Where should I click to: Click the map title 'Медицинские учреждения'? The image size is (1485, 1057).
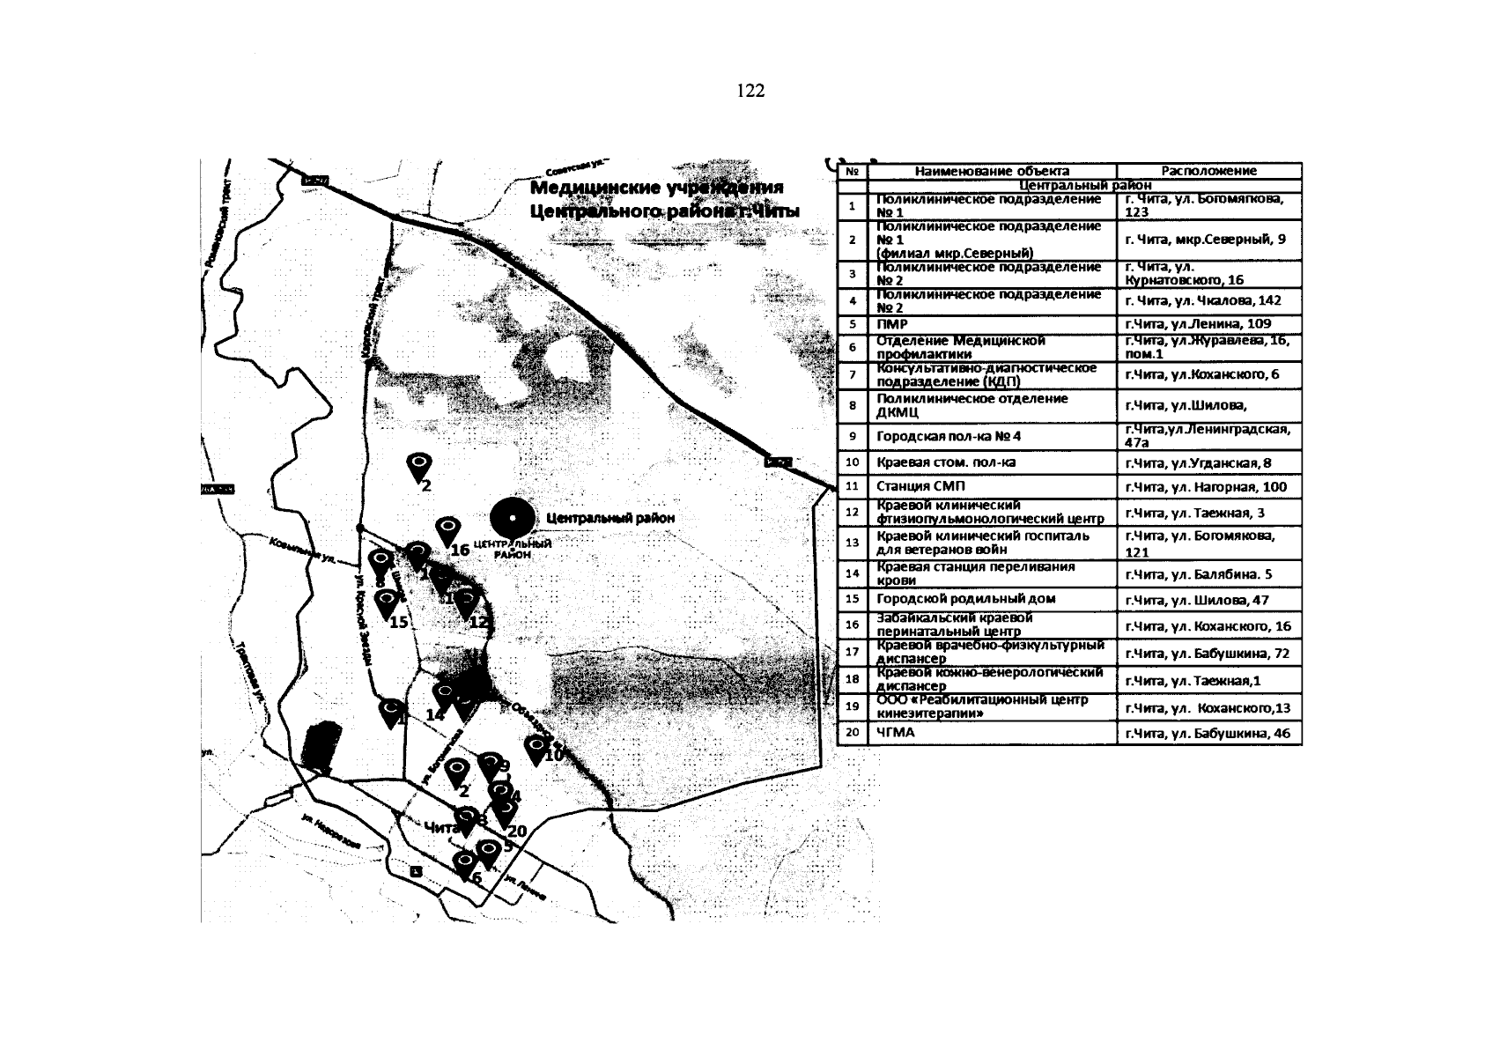tap(656, 189)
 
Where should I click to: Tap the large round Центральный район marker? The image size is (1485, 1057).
tap(513, 518)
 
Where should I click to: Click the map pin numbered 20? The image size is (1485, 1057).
tap(505, 813)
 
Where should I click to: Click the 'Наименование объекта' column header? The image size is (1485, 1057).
tap(992, 172)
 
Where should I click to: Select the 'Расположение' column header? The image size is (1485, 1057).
tap(1208, 172)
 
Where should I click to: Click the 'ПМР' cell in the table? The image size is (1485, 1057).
tap(892, 324)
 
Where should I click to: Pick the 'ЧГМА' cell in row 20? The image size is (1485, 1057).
tap(896, 732)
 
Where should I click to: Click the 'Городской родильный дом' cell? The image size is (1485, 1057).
tap(954, 599)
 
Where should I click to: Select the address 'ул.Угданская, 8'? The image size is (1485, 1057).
tap(1197, 463)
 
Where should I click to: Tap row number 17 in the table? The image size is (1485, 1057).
tap(852, 653)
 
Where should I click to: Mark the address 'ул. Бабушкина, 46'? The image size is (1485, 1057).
tap(1207, 733)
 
